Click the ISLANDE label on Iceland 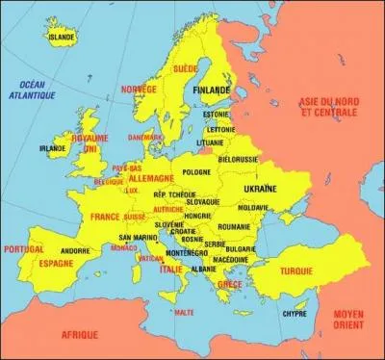[x=61, y=38]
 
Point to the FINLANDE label [x=212, y=90]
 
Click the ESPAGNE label [x=56, y=262]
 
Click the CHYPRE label [x=295, y=313]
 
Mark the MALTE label [x=184, y=313]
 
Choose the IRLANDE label [x=52, y=149]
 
